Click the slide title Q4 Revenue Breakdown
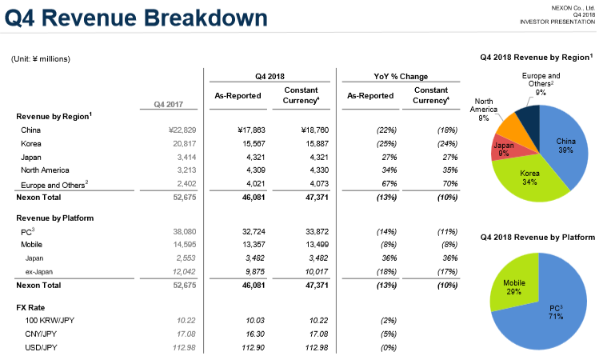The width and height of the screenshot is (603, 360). pos(136,18)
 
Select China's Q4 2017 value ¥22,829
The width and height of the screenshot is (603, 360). pos(182,130)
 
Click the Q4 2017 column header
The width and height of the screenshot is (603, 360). pos(169,104)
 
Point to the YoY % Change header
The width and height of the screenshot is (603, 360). pos(401,76)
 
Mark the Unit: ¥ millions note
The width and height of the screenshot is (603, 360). pos(41,59)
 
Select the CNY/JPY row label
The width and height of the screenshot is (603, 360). pos(41,334)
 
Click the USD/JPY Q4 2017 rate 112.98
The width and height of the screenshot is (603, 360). pos(184,347)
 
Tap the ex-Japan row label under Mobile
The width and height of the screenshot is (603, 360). pos(39,271)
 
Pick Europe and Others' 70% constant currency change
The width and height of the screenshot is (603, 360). pos(450,183)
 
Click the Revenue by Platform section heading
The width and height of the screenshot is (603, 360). pos(55,218)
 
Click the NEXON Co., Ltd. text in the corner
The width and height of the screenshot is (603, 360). pos(573,8)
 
